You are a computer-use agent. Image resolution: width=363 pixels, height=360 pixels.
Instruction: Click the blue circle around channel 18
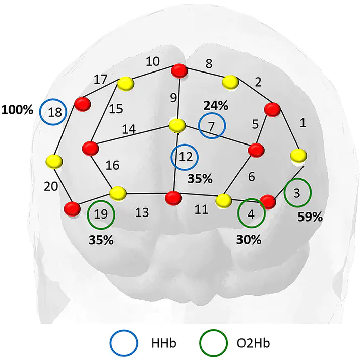pyautogui.click(x=40, y=112)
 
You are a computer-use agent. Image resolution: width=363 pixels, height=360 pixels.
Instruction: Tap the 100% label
pyautogui.click(x=17, y=110)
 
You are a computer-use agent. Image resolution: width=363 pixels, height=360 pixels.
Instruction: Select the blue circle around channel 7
pyautogui.click(x=199, y=125)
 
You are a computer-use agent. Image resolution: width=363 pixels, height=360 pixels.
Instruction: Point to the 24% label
pyautogui.click(x=216, y=106)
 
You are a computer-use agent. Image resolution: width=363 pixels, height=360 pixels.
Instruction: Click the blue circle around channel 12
pyautogui.click(x=171, y=157)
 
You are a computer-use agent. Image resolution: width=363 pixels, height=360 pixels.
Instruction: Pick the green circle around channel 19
pyautogui.click(x=88, y=215)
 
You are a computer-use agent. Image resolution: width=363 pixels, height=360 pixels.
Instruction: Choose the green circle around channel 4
pyautogui.click(x=238, y=213)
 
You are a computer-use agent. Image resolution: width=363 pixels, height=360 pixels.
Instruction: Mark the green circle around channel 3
pyautogui.click(x=284, y=193)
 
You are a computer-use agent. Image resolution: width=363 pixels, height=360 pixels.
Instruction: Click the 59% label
pyautogui.click(x=310, y=217)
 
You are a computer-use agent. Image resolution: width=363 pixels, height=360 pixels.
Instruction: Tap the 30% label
pyautogui.click(x=249, y=240)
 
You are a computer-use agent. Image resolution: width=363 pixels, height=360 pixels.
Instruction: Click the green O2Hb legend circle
pyautogui.click(x=200, y=343)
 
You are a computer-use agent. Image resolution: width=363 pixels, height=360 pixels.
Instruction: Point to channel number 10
pyautogui.click(x=153, y=61)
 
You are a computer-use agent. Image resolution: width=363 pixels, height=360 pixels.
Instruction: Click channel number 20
pyautogui.click(x=51, y=186)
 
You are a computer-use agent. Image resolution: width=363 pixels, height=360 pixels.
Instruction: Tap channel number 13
pyautogui.click(x=142, y=212)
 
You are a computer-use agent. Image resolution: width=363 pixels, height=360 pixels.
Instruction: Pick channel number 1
pyautogui.click(x=303, y=123)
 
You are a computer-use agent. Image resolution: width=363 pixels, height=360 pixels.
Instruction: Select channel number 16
pyautogui.click(x=112, y=165)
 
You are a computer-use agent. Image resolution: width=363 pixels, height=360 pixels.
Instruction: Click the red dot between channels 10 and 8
pyautogui.click(x=179, y=71)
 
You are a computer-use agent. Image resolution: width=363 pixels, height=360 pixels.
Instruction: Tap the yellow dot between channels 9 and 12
pyautogui.click(x=177, y=125)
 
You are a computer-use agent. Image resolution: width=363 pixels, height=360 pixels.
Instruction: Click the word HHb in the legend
pyautogui.click(x=164, y=343)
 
